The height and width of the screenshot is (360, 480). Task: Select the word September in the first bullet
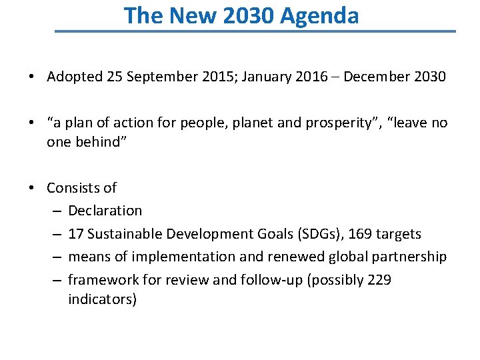click(x=160, y=77)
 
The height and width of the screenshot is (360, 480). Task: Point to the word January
click(x=267, y=77)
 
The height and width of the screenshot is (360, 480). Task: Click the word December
click(x=377, y=77)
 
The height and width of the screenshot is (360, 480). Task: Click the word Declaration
click(x=105, y=211)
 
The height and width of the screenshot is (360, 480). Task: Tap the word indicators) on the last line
click(x=102, y=299)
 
